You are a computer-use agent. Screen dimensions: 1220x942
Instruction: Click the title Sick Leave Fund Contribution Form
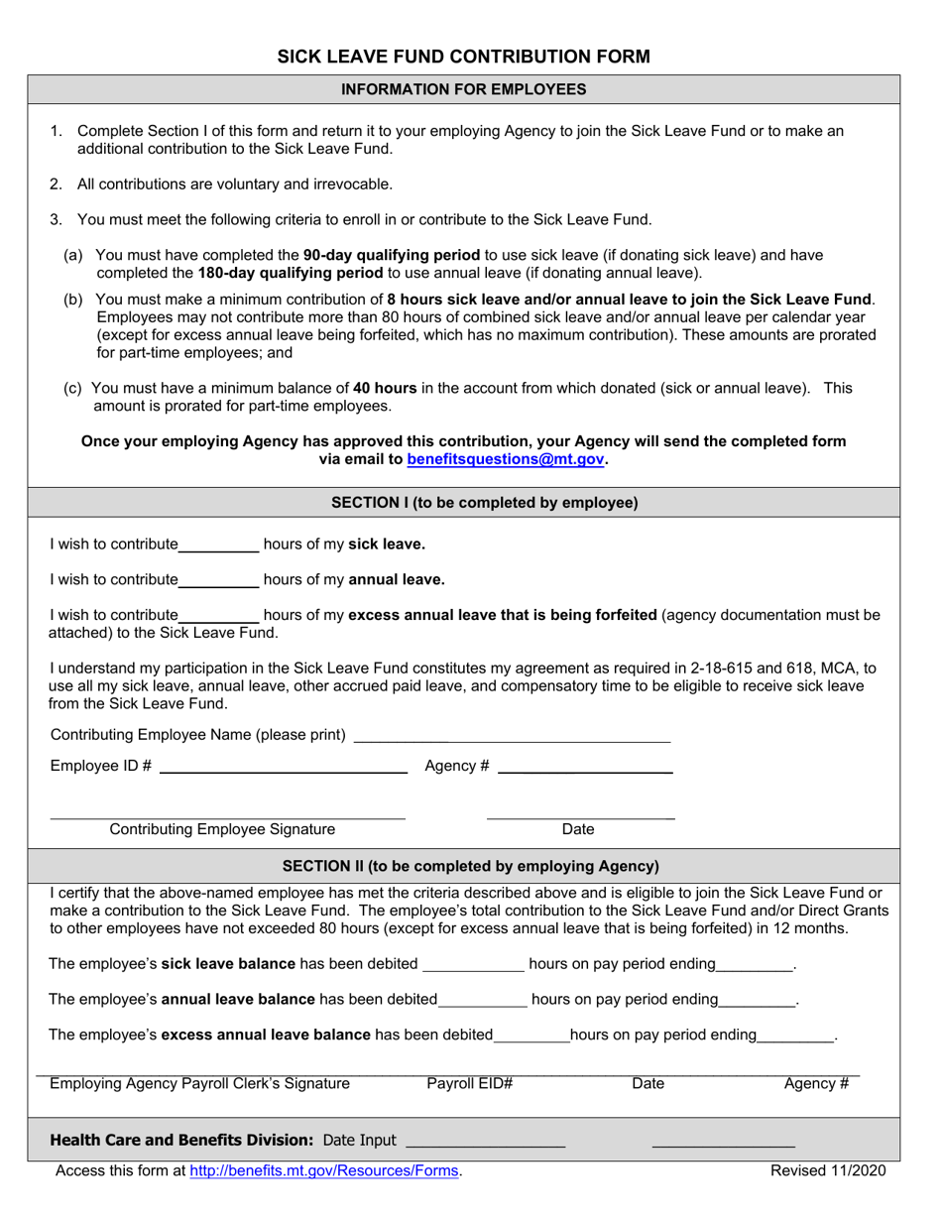click(463, 57)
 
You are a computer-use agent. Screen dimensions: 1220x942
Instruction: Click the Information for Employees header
click(463, 89)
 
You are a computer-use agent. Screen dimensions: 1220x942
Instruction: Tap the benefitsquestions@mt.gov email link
click(506, 460)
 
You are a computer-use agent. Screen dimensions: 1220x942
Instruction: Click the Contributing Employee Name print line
click(512, 738)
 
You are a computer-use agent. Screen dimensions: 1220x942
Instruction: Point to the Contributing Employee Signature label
click(222, 829)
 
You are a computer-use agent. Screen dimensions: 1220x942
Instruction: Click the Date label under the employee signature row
click(578, 829)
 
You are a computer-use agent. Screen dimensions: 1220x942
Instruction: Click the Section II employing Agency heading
click(471, 866)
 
